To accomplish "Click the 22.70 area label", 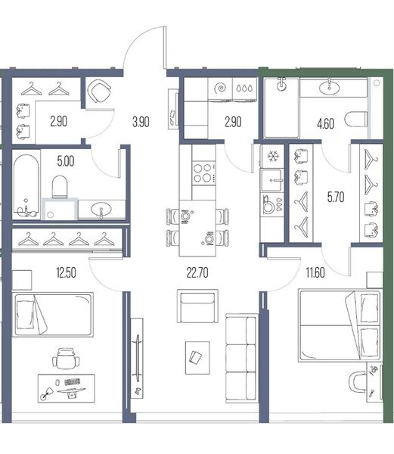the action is [197, 272].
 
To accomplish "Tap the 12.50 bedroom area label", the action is [67, 272].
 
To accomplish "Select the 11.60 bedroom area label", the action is [315, 272].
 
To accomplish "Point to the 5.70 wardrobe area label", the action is [336, 197].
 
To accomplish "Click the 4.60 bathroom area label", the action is [325, 123].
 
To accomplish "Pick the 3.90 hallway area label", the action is [141, 122].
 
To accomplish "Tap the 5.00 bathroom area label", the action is [66, 161].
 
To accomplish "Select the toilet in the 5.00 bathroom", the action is [60, 187].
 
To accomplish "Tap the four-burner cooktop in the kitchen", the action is [203, 173].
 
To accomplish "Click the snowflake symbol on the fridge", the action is [272, 157].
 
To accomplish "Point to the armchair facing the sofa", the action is [197, 306].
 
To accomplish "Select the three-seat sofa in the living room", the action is [241, 358].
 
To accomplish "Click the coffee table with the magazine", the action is [197, 358].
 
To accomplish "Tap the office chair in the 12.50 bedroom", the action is [66, 359].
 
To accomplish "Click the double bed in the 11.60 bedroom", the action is [340, 326].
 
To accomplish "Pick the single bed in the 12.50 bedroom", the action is [53, 315].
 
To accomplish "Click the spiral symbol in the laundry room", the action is [220, 88].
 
